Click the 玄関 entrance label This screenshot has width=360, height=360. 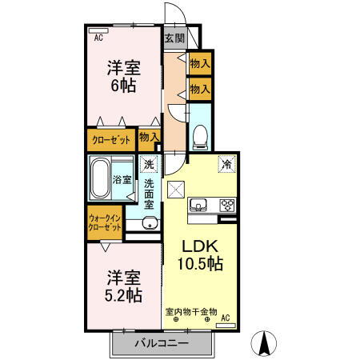(174, 38)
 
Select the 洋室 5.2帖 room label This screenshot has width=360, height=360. (123, 286)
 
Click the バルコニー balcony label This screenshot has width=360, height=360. (161, 343)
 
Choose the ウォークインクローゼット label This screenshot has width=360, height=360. (104, 222)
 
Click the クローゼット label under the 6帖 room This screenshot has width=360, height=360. (110, 139)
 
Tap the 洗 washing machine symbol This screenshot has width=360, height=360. (149, 166)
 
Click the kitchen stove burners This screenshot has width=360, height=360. (226, 205)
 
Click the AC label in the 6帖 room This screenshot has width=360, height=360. (98, 36)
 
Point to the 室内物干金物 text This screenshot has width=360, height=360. (190, 310)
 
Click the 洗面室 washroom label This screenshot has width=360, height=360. (150, 194)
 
